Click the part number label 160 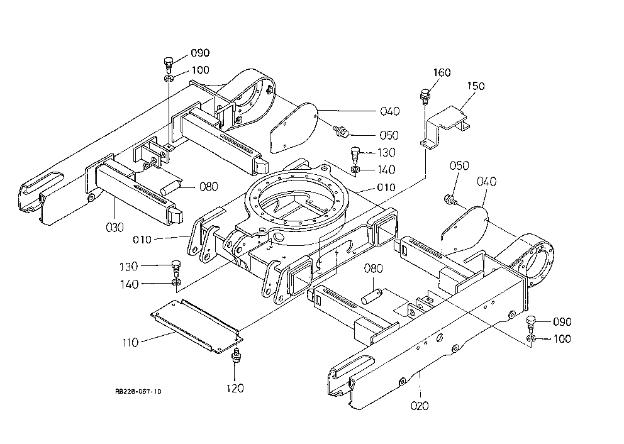point(442,72)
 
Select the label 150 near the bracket point(476,86)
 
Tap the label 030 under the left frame point(115,227)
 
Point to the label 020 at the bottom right point(420,406)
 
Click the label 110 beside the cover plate point(130,343)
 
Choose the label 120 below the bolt point(235,388)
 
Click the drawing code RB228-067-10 point(138,391)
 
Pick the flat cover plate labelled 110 point(197,326)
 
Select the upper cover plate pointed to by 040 point(294,128)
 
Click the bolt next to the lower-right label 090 point(531,323)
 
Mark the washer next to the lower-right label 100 point(530,338)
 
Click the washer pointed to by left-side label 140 point(177,283)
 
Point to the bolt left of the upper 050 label point(341,131)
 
